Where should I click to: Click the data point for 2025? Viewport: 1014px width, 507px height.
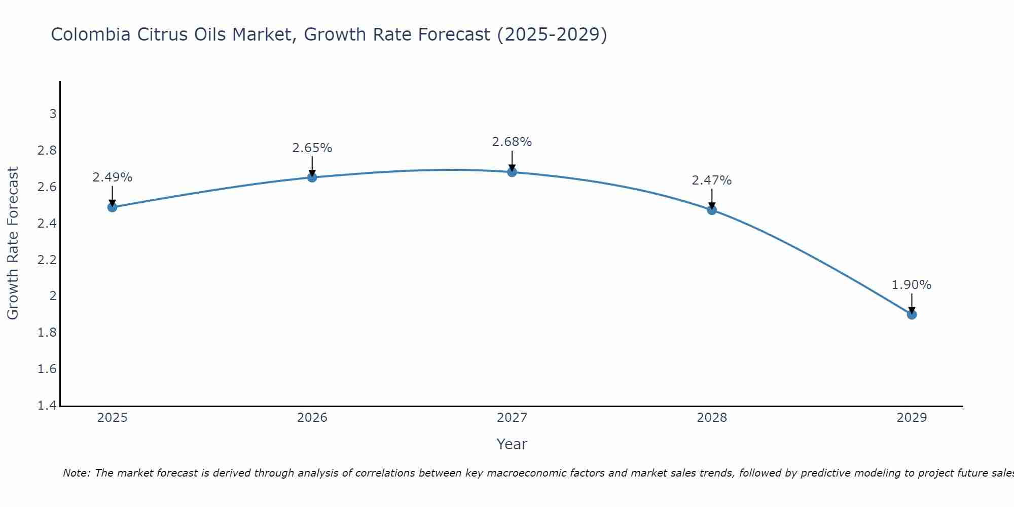click(x=113, y=207)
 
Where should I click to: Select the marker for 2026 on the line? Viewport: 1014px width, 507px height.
click(x=312, y=177)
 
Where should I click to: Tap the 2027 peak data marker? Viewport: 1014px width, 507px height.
click(x=512, y=172)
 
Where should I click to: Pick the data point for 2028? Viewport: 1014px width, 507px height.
click(x=712, y=210)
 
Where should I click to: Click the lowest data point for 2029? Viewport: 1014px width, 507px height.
click(x=912, y=314)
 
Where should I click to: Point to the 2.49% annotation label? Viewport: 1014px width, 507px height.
click(x=113, y=177)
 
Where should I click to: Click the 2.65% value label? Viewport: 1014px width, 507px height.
click(x=312, y=148)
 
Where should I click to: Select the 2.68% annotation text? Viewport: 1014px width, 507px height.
click(x=512, y=142)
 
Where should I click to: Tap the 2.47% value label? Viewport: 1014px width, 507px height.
click(x=712, y=180)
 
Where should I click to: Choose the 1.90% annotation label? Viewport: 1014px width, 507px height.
click(x=912, y=285)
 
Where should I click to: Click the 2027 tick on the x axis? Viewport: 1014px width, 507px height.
click(x=512, y=418)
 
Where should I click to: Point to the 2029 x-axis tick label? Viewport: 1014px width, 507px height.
click(x=912, y=418)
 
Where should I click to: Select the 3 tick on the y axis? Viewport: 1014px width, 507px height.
click(x=53, y=114)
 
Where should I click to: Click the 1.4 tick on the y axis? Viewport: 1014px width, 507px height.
click(x=47, y=406)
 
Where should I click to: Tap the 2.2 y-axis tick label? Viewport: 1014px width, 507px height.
click(x=47, y=260)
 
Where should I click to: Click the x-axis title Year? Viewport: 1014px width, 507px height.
click(x=512, y=444)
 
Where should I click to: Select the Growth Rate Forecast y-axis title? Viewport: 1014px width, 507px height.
click(x=13, y=243)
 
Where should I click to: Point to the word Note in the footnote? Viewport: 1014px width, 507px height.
click(x=76, y=473)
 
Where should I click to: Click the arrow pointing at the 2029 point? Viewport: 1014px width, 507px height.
click(x=912, y=303)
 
